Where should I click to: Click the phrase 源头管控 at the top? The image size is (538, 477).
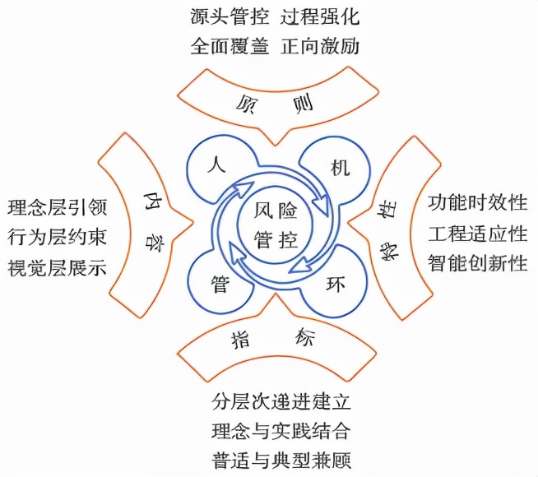(x=228, y=16)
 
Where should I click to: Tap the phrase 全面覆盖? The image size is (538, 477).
(x=228, y=46)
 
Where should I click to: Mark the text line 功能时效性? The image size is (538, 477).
(x=477, y=202)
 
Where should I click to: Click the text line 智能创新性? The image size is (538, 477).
(x=477, y=263)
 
